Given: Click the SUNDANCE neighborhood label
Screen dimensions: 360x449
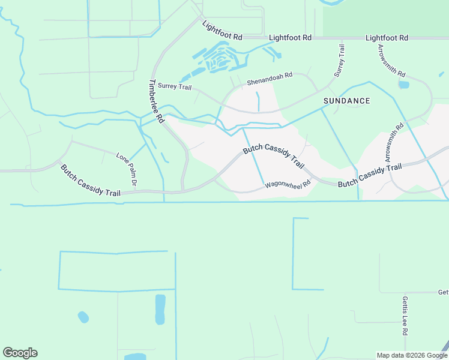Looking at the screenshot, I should click(346, 101).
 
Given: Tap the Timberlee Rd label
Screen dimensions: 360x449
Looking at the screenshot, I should click(156, 101).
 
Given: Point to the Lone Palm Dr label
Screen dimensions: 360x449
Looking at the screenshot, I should click(128, 169).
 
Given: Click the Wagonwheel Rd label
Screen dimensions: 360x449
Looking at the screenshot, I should click(288, 187).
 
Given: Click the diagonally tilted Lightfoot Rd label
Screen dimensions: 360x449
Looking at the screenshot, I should click(222, 31).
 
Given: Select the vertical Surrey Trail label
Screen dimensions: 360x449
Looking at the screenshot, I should click(340, 61).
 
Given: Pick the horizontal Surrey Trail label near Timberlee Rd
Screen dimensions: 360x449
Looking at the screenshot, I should click(175, 87).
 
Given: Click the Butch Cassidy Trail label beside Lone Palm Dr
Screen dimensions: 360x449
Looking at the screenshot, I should click(91, 180).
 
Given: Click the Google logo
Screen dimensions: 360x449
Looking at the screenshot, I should click(20, 353).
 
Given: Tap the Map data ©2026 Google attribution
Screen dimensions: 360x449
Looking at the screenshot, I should click(412, 355).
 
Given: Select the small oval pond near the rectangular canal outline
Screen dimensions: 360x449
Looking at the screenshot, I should click(83, 316).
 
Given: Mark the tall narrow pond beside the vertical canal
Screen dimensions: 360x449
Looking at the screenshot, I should click(160, 309).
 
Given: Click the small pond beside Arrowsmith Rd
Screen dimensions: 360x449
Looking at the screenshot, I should click(404, 85).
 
